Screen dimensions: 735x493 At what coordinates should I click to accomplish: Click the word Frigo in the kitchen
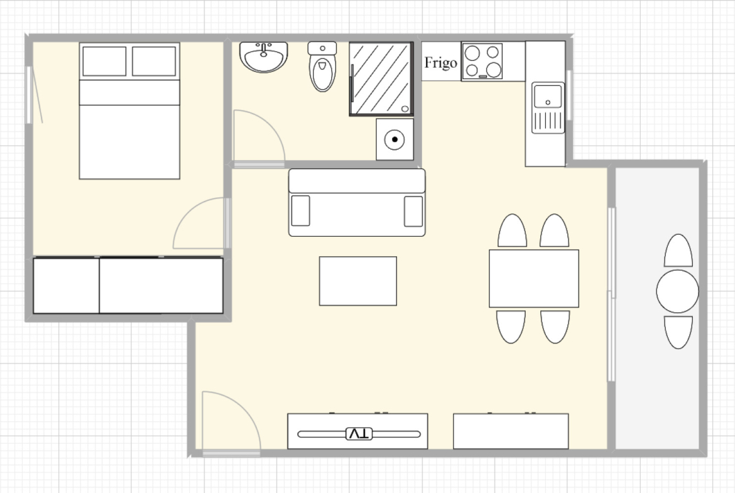[440, 63]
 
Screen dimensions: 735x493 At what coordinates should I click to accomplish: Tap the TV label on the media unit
[359, 434]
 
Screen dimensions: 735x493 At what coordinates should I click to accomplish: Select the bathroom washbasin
[263, 57]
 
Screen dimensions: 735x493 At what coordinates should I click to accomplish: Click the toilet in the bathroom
[322, 67]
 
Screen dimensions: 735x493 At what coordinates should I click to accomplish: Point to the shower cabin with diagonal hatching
[381, 79]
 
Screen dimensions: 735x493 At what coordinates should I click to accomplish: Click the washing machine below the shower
[395, 139]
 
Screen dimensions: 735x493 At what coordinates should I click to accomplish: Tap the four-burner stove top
[482, 61]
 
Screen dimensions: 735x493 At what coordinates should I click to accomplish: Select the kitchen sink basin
[548, 96]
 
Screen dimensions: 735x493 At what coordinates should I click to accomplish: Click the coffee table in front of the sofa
[358, 281]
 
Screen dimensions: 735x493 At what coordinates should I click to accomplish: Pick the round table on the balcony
[677, 291]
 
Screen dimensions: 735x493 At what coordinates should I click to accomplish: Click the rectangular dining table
[534, 279]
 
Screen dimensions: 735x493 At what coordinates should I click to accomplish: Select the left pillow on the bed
[104, 61]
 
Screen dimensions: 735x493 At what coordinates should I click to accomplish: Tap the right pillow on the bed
[154, 61]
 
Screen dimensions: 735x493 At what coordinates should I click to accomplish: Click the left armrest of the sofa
[300, 211]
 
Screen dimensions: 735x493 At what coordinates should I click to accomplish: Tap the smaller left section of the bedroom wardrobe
[66, 285]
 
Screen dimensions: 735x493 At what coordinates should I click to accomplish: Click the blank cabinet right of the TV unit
[511, 431]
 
